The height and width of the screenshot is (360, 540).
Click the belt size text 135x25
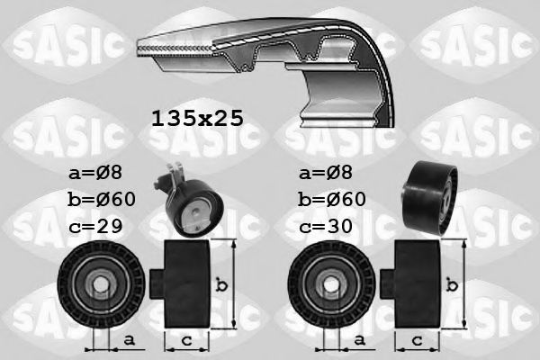point(196,118)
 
